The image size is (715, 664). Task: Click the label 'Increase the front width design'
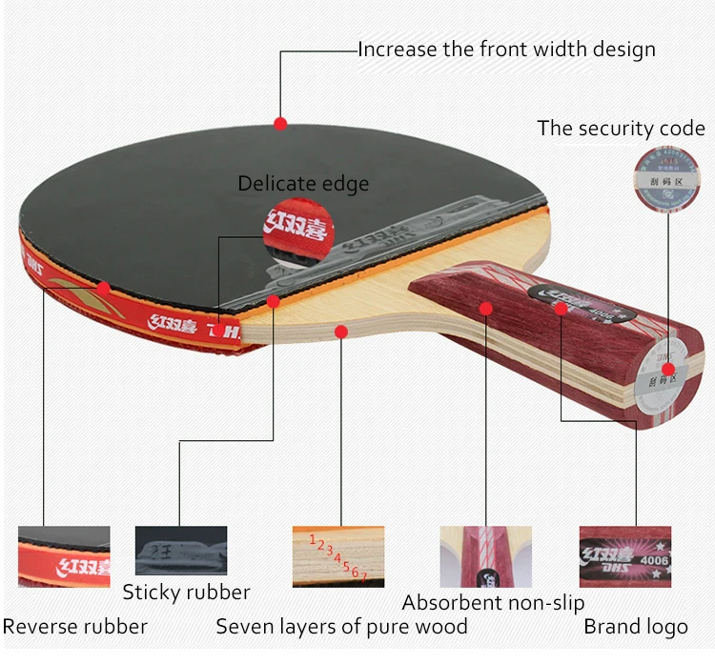pyautogui.click(x=506, y=50)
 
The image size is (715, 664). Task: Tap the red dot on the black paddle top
pyautogui.click(x=280, y=123)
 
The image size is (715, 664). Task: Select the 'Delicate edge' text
pyautogui.click(x=303, y=184)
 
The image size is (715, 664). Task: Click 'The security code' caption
pyautogui.click(x=621, y=128)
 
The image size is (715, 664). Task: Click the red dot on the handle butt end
pyautogui.click(x=668, y=370)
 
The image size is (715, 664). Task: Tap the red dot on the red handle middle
pyautogui.click(x=485, y=308)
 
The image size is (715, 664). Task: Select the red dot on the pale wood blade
pyautogui.click(x=340, y=331)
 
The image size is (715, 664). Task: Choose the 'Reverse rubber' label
pyautogui.click(x=74, y=627)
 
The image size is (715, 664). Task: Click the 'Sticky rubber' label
pyautogui.click(x=186, y=592)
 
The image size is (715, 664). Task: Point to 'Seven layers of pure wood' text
pyautogui.click(x=341, y=627)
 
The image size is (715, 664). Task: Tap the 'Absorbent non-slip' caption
pyautogui.click(x=493, y=602)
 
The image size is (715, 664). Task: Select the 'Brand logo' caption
pyautogui.click(x=636, y=627)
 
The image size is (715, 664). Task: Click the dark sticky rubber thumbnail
pyautogui.click(x=181, y=551)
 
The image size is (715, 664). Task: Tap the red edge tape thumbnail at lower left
pyautogui.click(x=64, y=556)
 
